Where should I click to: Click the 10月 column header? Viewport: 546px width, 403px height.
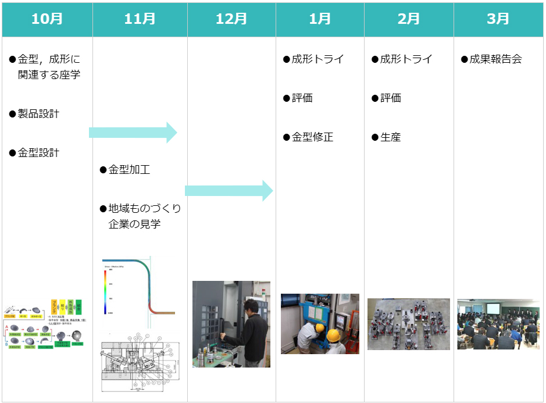click(x=47, y=19)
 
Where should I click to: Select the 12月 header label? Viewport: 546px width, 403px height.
click(x=231, y=19)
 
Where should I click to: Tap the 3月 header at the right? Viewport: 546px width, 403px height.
click(x=498, y=19)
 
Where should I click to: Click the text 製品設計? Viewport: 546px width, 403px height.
click(x=38, y=113)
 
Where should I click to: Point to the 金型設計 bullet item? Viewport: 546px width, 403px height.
click(x=38, y=153)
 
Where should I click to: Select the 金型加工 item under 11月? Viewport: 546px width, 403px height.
click(x=129, y=170)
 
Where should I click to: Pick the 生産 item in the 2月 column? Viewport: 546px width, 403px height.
click(x=391, y=137)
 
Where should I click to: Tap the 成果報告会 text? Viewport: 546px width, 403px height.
click(x=495, y=59)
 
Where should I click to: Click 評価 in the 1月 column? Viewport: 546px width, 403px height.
click(x=302, y=98)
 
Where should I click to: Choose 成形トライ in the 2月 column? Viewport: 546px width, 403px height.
click(x=406, y=59)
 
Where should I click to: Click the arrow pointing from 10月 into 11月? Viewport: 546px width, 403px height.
click(x=133, y=133)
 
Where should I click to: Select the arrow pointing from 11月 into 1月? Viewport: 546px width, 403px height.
click(x=229, y=191)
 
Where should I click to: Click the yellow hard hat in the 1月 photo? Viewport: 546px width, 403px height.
click(x=333, y=336)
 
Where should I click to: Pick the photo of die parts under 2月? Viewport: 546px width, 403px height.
click(x=408, y=324)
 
